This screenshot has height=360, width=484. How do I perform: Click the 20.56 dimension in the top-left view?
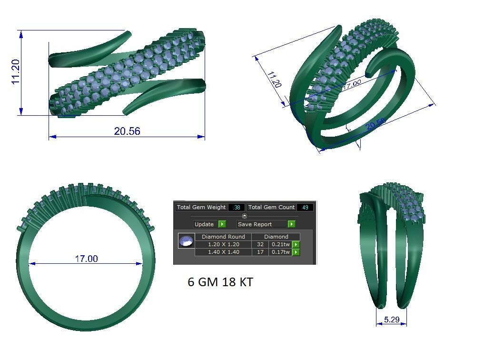pyautogui.click(x=127, y=131)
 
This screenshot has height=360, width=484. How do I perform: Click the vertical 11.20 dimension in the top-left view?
pyautogui.click(x=16, y=72)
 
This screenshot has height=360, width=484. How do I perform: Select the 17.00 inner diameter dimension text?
pyautogui.click(x=86, y=259)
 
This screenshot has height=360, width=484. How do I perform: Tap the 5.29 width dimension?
pyautogui.click(x=391, y=320)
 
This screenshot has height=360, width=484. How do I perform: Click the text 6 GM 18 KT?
pyautogui.click(x=220, y=282)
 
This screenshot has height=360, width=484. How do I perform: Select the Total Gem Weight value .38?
pyautogui.click(x=237, y=207)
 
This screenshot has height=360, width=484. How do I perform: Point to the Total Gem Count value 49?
pyautogui.click(x=305, y=207)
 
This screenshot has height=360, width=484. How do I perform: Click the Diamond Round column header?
pyautogui.click(x=223, y=236)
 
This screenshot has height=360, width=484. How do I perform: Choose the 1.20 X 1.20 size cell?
pyautogui.click(x=223, y=244)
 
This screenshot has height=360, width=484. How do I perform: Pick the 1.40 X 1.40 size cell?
pyautogui.click(x=223, y=252)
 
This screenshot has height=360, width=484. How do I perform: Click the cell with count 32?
pyautogui.click(x=260, y=244)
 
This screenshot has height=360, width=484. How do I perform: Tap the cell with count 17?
pyautogui.click(x=260, y=252)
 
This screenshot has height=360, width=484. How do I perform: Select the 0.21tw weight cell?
pyautogui.click(x=280, y=244)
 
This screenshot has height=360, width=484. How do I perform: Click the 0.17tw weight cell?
pyautogui.click(x=280, y=252)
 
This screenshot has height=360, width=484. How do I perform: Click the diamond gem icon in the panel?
pyautogui.click(x=186, y=241)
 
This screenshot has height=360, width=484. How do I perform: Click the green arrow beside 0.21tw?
pyautogui.click(x=296, y=244)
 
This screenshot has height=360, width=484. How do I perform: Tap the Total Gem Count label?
pyautogui.click(x=271, y=207)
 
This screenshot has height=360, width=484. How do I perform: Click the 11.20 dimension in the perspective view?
pyautogui.click(x=274, y=80)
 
